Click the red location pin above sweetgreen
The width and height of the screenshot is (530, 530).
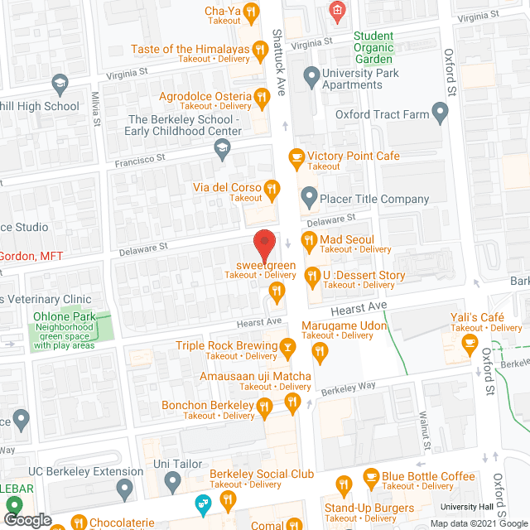(x=263, y=243)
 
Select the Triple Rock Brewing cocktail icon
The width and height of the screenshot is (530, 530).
(x=287, y=346)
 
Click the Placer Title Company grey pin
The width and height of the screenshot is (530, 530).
(x=309, y=199)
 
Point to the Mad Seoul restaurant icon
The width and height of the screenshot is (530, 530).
(x=308, y=240)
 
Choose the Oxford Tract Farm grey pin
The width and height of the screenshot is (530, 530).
(x=439, y=115)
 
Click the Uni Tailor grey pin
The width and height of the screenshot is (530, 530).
(x=172, y=479)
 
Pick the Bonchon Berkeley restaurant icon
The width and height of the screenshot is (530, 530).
(x=264, y=405)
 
